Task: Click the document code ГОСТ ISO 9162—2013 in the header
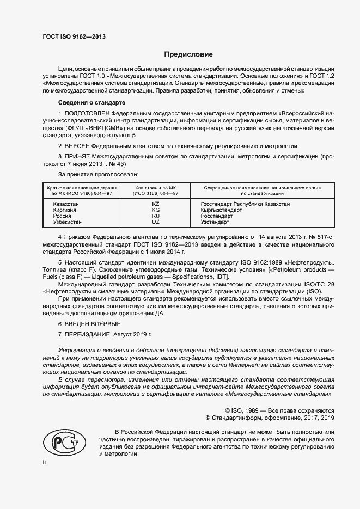coord(74,37)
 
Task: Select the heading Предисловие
coord(188,54)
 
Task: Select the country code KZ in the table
coord(156,204)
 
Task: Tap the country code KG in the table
coord(156,210)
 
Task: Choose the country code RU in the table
coord(156,216)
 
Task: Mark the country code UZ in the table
coord(156,222)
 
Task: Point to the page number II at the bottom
coord(44,462)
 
